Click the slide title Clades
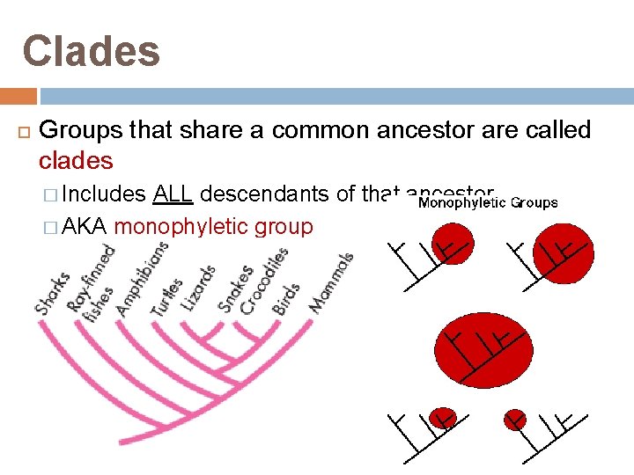(92, 51)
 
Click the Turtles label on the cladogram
(166, 297)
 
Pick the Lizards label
(198, 287)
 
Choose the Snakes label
(235, 289)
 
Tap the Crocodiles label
(264, 280)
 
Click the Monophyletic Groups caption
(487, 203)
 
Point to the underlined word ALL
(173, 194)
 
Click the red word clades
(76, 161)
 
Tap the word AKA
(85, 227)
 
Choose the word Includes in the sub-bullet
(105, 194)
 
